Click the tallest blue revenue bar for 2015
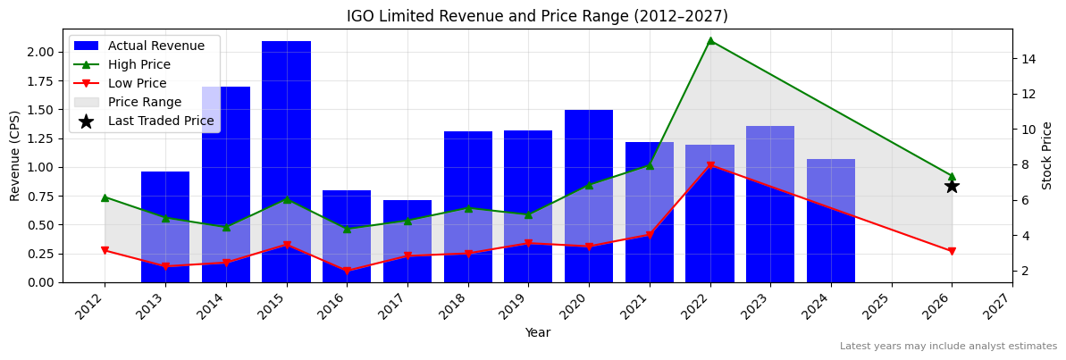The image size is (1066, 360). [286, 161]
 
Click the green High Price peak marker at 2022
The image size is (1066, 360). [710, 40]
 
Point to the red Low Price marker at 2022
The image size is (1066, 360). [710, 166]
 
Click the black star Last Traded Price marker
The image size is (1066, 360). [952, 186]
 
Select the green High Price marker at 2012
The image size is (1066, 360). [105, 197]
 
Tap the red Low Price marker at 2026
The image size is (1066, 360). [952, 252]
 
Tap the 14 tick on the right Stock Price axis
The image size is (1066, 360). [1028, 59]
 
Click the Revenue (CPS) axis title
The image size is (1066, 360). [15, 155]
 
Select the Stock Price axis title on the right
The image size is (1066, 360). [1047, 155]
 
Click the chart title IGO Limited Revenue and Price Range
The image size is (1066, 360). [537, 16]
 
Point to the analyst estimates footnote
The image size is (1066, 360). [947, 347]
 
